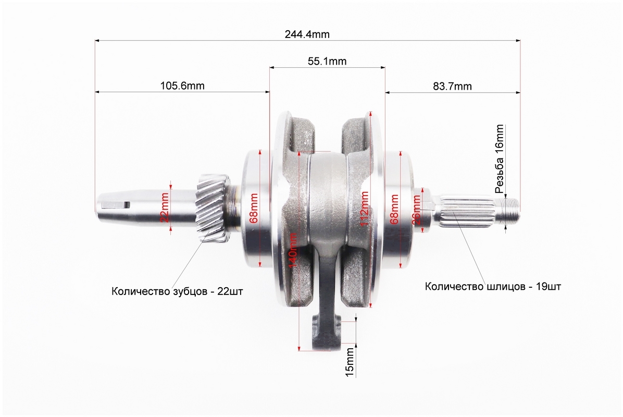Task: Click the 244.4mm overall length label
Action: (307, 34)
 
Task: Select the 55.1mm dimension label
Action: (327, 61)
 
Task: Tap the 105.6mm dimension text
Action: (182, 86)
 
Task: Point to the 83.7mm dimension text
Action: (453, 86)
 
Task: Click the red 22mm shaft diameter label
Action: (165, 207)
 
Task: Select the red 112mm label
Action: (364, 208)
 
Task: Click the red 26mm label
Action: (416, 210)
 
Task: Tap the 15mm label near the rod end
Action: (349, 362)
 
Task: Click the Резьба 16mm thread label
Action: (500, 158)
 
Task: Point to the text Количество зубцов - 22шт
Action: (177, 291)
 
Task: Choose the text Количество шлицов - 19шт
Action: (493, 286)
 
